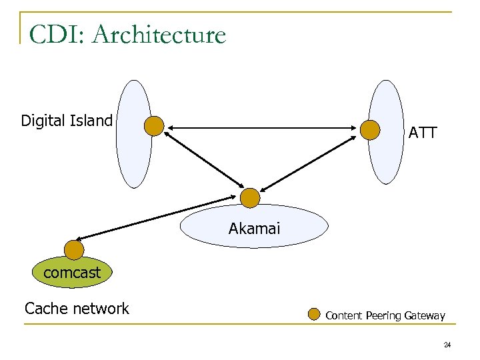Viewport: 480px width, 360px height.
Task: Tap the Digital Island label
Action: coord(67,121)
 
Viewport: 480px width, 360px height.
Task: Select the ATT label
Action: coord(423,133)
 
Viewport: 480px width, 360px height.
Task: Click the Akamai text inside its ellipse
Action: coord(255,229)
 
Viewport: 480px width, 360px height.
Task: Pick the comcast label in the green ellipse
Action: coord(72,272)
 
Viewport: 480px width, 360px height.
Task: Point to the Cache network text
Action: coord(77,308)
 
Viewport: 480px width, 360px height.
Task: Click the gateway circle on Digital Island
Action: coord(154,126)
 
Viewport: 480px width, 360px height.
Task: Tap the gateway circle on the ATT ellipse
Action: coord(370,130)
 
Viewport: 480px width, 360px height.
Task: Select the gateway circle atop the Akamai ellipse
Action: coord(250,198)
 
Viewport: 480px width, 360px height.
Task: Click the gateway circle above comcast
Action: coord(74,250)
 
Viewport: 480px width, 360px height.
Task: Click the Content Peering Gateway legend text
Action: coord(385,315)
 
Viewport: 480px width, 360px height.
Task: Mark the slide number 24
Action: coord(447,345)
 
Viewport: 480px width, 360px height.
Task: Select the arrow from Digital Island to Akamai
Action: coord(203,159)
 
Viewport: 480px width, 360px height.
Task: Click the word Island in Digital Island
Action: coord(92,121)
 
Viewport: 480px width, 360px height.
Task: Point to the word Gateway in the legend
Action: coord(424,315)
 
